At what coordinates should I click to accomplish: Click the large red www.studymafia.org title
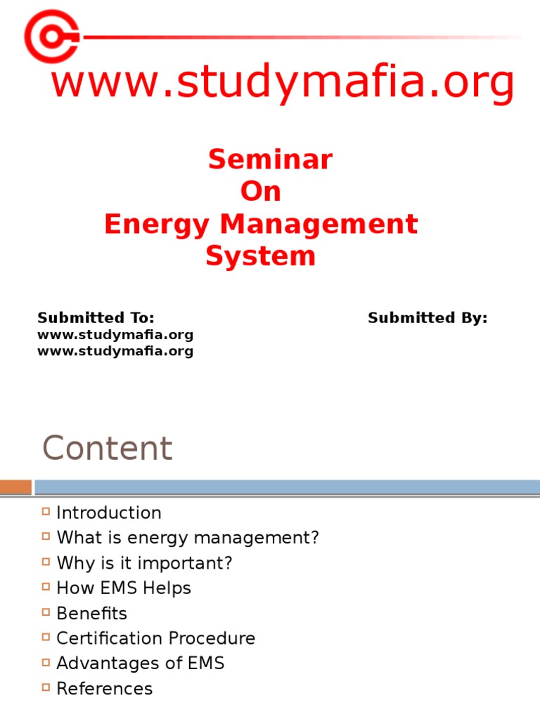tap(283, 84)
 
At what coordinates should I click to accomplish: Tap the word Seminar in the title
tap(270, 160)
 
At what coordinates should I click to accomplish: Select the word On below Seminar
tap(261, 192)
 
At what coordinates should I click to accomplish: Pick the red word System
tap(260, 256)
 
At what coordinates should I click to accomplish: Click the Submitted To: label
tap(96, 318)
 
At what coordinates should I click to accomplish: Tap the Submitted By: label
tap(427, 318)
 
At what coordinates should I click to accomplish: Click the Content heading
tap(107, 449)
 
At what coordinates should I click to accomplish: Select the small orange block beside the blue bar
tap(15, 487)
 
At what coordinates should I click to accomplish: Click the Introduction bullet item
tap(109, 513)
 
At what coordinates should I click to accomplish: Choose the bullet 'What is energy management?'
tap(188, 539)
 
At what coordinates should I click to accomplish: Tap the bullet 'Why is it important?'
tap(144, 563)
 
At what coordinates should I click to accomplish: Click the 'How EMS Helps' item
tap(124, 588)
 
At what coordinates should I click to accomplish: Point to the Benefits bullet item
tap(92, 614)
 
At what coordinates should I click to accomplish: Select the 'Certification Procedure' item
tap(156, 639)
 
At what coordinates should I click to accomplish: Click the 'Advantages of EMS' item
tap(141, 664)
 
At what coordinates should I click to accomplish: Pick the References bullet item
tap(105, 689)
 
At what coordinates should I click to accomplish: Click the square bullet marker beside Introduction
tap(46, 512)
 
